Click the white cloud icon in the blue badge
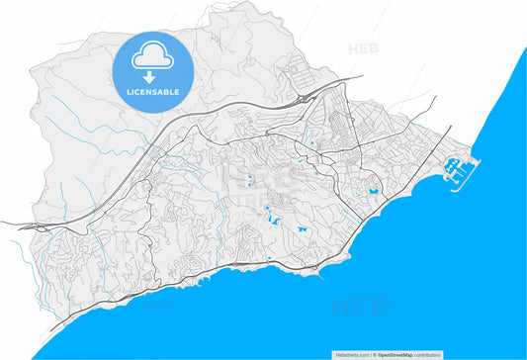pos(152,57)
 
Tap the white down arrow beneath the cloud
pos(152,76)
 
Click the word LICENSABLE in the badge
pos(152,91)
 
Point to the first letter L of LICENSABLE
pos(129,91)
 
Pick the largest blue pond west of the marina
pos(374,191)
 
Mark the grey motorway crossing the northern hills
pos(198,124)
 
